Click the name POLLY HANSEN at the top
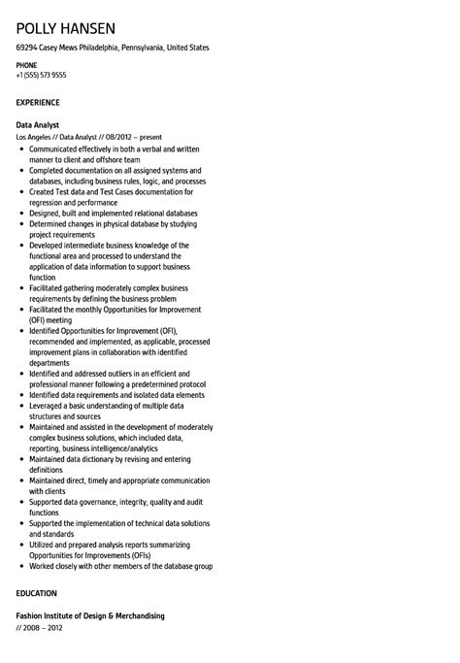click(65, 28)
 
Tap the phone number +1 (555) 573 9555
click(41, 75)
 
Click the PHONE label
click(26, 65)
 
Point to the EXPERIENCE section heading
click(38, 102)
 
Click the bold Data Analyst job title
click(38, 125)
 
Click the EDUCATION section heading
click(36, 593)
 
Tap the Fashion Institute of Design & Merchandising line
click(90, 615)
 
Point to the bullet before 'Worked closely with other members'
click(21, 566)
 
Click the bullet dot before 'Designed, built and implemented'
click(21, 214)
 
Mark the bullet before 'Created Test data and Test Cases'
click(21, 192)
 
